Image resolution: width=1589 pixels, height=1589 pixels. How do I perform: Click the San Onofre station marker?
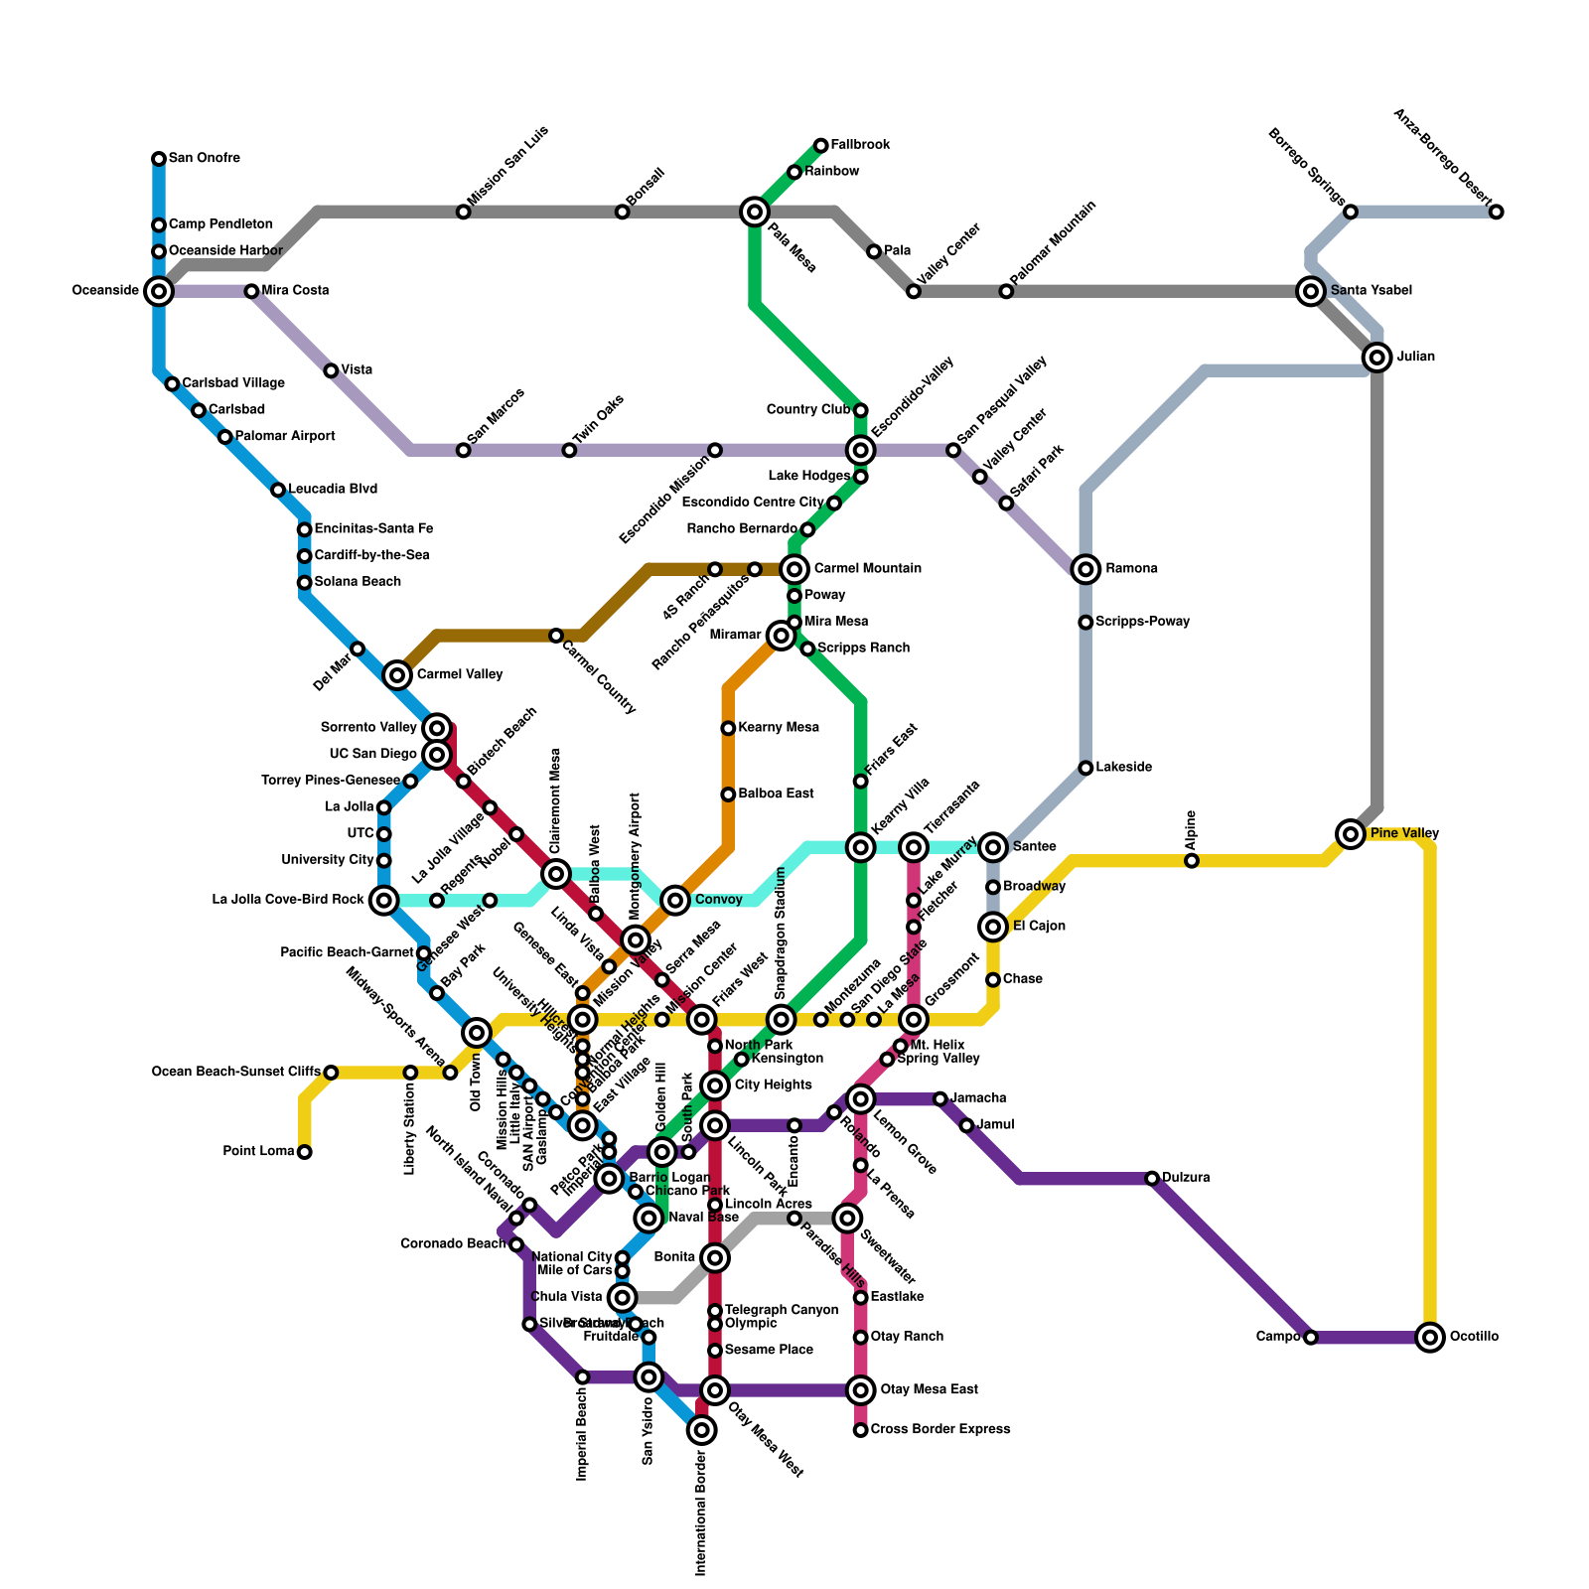[x=159, y=159]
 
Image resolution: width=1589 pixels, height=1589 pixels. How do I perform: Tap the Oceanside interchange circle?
[x=159, y=291]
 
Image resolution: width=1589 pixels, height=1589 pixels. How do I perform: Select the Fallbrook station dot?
[x=820, y=146]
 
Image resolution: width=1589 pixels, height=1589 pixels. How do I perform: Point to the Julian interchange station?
[x=1376, y=358]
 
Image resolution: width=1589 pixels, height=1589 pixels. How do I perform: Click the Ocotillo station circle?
[x=1429, y=1338]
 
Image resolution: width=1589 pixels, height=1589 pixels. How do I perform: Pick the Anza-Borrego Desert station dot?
[x=1496, y=212]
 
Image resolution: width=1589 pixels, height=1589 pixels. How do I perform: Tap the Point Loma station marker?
[x=305, y=1152]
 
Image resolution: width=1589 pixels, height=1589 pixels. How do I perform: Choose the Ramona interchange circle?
[x=1085, y=569]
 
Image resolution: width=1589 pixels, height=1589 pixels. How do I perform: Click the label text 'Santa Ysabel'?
[x=1371, y=291]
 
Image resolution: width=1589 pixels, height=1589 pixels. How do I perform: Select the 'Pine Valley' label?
[x=1404, y=833]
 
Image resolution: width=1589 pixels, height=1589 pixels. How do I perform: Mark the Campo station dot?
[x=1310, y=1338]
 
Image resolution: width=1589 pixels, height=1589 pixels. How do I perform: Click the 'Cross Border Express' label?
[x=939, y=1430]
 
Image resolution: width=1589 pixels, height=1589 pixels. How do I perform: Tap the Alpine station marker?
[x=1191, y=861]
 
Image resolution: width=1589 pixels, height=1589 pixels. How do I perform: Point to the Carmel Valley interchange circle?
[x=397, y=675]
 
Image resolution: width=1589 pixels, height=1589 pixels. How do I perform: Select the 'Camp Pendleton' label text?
[x=220, y=225]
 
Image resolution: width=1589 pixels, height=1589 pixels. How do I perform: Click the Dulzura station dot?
[x=1152, y=1179]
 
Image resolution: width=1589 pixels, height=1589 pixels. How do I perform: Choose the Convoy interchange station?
[x=675, y=901]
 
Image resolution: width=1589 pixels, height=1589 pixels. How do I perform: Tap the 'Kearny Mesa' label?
[x=779, y=728]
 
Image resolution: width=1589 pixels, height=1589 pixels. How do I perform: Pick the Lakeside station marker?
[x=1085, y=768]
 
